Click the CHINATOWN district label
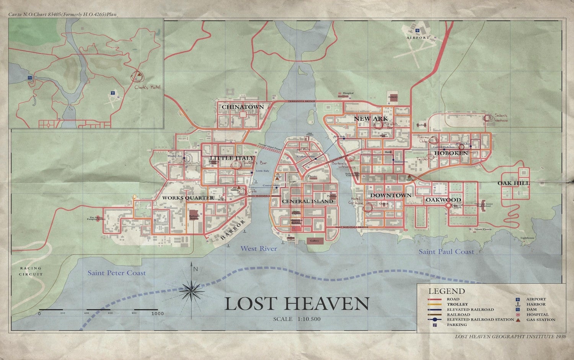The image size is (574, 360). click(x=243, y=107)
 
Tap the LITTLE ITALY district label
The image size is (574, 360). click(x=232, y=158)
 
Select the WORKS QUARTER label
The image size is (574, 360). click(x=188, y=198)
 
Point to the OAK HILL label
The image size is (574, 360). click(x=514, y=183)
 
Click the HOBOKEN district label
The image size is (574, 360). click(x=451, y=153)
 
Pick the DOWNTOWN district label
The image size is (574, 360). click(x=391, y=195)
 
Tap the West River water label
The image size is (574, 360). click(x=259, y=249)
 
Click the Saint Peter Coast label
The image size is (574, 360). click(x=117, y=273)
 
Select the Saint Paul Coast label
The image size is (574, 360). click(x=446, y=252)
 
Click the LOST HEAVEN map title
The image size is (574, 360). click(x=296, y=304)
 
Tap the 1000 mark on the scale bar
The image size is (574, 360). click(x=157, y=314)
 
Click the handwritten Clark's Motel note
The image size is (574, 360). click(x=147, y=87)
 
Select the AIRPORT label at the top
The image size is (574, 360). click(x=418, y=38)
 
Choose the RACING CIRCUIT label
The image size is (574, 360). click(x=31, y=271)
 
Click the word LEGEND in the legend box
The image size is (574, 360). click(x=446, y=291)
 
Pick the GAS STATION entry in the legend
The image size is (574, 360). click(x=540, y=319)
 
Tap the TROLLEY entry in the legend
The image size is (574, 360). click(x=457, y=304)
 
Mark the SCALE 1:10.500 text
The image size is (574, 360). click(x=297, y=319)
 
